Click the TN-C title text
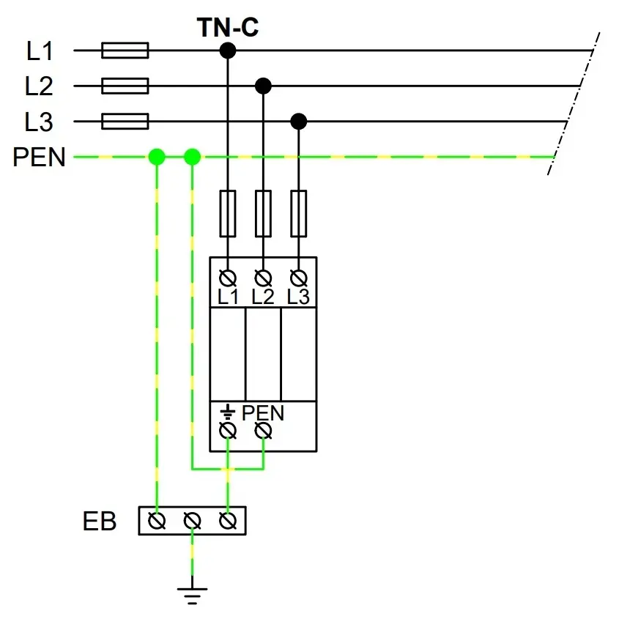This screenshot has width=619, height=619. click(x=227, y=28)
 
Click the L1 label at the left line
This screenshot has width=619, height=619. click(x=40, y=51)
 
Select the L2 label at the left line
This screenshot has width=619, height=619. click(x=40, y=86)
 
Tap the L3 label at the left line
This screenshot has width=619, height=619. click(x=40, y=122)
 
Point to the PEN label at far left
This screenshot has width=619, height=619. click(x=39, y=157)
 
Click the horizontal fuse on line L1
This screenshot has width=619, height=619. click(x=125, y=51)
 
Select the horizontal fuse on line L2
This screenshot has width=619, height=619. click(x=125, y=86)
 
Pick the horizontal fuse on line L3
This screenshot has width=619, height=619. click(x=125, y=122)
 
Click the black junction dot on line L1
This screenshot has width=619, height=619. click(x=228, y=51)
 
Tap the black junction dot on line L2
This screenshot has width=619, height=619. click(x=263, y=86)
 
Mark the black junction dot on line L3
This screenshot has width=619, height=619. click(x=298, y=122)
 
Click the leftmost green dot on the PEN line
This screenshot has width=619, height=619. click(x=157, y=157)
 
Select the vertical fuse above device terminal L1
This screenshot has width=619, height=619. click(x=228, y=213)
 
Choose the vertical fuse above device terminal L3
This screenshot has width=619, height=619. click(x=298, y=213)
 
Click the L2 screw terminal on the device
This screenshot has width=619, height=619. click(x=263, y=278)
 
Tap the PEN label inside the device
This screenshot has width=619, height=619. click(x=262, y=413)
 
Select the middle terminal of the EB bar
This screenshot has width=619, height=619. click(x=192, y=522)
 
